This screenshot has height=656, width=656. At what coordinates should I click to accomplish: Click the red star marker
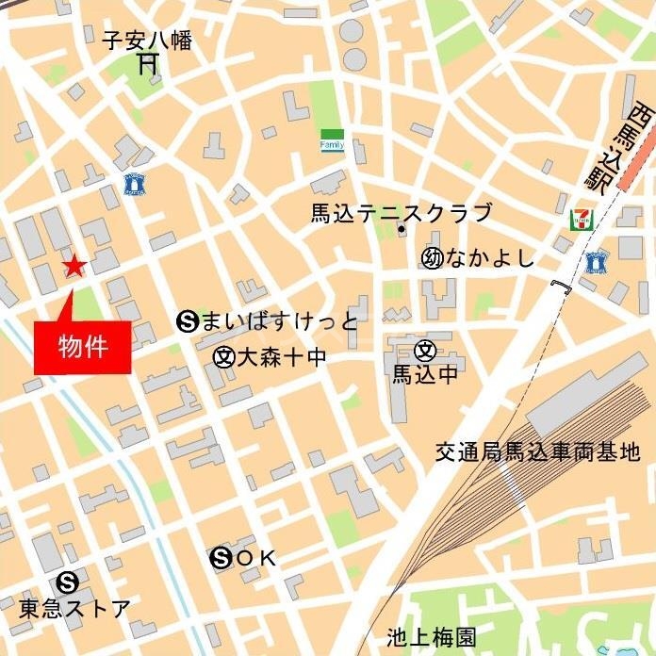tap(74, 267)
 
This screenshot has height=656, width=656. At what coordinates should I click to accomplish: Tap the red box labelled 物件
tap(82, 347)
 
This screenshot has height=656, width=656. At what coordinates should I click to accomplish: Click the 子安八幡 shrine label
tap(147, 41)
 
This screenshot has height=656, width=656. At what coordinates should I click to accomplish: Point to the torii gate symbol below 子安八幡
tap(147, 64)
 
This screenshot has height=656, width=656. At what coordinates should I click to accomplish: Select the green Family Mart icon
tap(332, 141)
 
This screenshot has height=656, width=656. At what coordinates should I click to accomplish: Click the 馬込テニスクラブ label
tap(402, 213)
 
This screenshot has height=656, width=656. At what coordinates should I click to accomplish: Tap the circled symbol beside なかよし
tap(433, 258)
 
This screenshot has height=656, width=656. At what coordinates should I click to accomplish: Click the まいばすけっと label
tap(280, 322)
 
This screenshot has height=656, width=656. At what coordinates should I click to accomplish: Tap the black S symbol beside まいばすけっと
tap(186, 322)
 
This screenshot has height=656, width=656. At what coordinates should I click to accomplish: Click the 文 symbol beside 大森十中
tap(223, 356)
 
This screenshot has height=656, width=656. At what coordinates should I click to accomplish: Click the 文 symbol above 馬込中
tap(425, 352)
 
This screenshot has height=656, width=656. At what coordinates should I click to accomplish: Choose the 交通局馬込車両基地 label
tap(537, 453)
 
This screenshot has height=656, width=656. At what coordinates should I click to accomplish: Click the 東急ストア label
tap(74, 608)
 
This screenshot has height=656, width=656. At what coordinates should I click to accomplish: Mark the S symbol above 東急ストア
tap(66, 582)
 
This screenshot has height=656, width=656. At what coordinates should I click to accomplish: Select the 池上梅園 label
tap(432, 637)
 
